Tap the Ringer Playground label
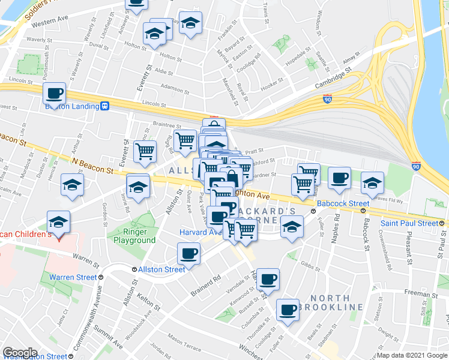pyautogui.click(x=134, y=236)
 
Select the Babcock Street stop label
pyautogui.click(x=342, y=204)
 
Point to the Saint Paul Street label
pyautogui.click(x=409, y=223)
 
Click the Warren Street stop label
pyautogui.click(x=73, y=277)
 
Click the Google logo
pyautogui.click(x=20, y=353)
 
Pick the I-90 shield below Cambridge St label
pyautogui.click(x=327, y=98)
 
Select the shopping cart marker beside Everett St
pyautogui.click(x=145, y=153)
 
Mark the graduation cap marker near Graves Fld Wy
pyautogui.click(x=372, y=182)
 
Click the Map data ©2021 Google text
pyautogui.click(x=411, y=355)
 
